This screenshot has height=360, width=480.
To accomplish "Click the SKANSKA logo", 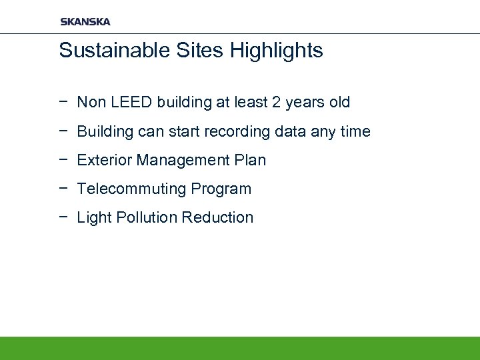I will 85,21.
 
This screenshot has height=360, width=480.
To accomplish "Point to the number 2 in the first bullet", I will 277,103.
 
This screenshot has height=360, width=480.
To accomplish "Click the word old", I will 338,103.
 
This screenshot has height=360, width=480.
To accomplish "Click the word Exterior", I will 105,161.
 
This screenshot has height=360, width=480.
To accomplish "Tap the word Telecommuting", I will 132,189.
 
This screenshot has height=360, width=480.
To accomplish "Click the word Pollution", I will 145,218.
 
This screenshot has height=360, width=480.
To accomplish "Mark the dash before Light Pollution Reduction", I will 63,217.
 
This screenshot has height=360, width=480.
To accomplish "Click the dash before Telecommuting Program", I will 63,189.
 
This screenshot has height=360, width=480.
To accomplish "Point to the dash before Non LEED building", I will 63,102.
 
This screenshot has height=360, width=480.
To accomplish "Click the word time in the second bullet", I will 355,132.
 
